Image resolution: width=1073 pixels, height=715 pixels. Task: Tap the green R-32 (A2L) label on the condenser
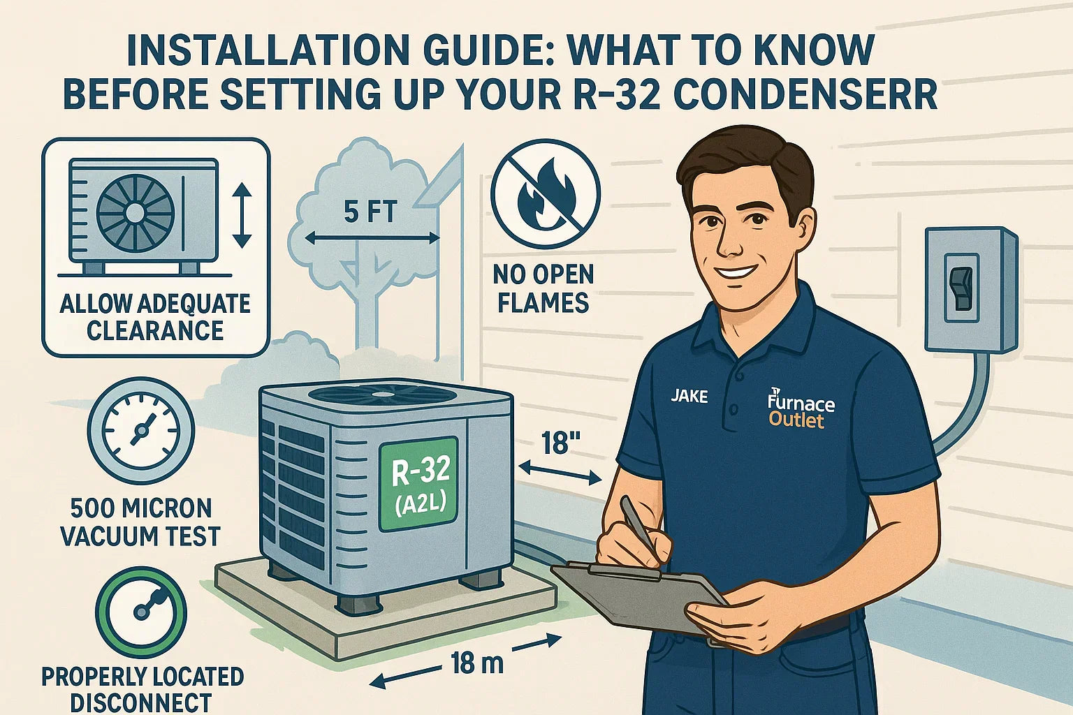point(418,484)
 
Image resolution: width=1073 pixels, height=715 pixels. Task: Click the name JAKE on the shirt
point(689,396)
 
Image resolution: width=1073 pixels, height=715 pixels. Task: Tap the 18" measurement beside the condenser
point(558,443)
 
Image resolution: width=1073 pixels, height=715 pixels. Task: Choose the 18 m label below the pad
point(476,664)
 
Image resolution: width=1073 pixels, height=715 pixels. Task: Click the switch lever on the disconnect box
point(962,289)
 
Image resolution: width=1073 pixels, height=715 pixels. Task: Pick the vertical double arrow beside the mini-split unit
point(242,215)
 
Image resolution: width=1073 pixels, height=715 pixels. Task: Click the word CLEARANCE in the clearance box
point(155,330)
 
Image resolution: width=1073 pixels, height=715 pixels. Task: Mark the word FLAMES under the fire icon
point(543,302)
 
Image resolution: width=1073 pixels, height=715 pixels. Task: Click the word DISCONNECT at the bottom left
point(141,703)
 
